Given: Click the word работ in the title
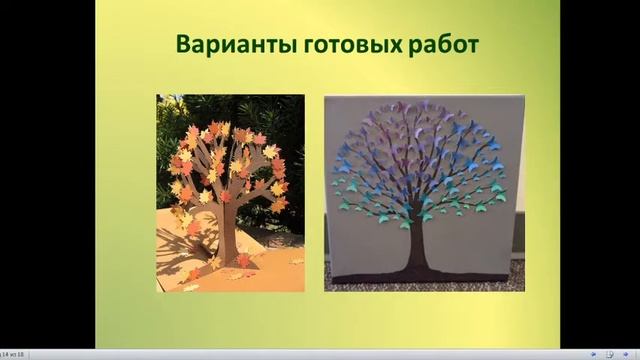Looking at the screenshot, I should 435,46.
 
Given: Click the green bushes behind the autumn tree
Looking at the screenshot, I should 280,120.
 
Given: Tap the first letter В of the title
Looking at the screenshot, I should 184,46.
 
